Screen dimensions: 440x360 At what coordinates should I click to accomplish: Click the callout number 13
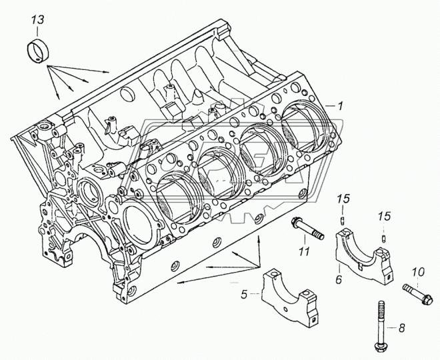click(x=37, y=20)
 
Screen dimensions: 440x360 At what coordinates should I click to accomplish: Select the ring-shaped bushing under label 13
click(x=38, y=51)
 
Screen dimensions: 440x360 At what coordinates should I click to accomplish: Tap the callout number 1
click(x=340, y=106)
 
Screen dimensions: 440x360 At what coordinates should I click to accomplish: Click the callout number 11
click(x=303, y=252)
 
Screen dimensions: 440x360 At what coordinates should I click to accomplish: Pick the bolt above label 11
click(x=308, y=229)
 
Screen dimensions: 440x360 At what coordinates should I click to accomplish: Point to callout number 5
click(x=244, y=295)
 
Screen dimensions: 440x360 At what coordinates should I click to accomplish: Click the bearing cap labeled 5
click(x=290, y=297)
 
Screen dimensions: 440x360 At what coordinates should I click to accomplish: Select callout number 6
click(x=339, y=279)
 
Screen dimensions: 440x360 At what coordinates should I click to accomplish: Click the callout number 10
click(x=419, y=272)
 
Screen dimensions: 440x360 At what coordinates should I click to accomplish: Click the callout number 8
click(x=402, y=327)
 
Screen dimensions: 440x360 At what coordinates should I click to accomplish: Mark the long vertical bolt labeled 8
click(x=381, y=326)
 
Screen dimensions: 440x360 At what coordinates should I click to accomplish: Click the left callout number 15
click(x=343, y=199)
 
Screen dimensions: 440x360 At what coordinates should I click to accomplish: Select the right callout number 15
click(x=384, y=216)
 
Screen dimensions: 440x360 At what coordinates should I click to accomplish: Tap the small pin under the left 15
click(x=343, y=221)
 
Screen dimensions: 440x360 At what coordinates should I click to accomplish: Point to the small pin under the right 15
click(x=383, y=239)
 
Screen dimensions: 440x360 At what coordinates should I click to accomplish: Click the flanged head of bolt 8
click(x=381, y=347)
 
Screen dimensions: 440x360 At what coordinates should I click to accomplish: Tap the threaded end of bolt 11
click(x=318, y=235)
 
